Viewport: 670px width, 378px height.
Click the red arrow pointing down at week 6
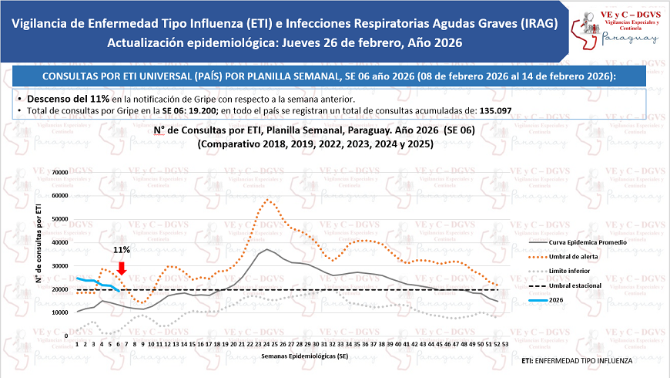(x=122, y=267)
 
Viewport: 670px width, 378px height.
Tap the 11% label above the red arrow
(x=122, y=250)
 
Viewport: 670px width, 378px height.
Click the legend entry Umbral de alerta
(x=578, y=257)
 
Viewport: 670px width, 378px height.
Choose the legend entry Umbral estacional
(x=579, y=286)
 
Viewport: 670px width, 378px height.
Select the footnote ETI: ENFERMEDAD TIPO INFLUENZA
(x=577, y=360)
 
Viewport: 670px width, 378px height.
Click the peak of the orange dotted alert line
(x=267, y=200)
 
